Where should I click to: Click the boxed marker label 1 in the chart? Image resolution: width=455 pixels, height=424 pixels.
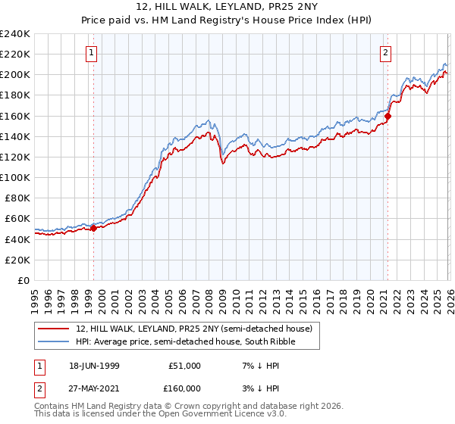[x=91, y=53]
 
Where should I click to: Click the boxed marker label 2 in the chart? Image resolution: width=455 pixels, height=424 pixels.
[x=386, y=53]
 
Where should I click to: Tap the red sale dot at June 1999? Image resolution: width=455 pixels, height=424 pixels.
[x=94, y=228]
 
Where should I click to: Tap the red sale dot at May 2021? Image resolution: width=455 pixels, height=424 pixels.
[x=388, y=116]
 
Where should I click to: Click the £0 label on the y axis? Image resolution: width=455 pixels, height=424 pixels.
[x=23, y=280]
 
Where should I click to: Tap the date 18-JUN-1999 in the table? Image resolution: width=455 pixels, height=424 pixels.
[x=93, y=366]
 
